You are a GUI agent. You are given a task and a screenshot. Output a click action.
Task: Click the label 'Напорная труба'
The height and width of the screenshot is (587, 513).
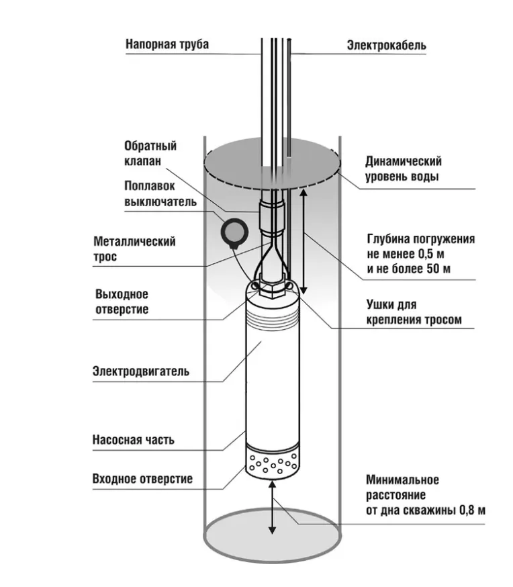pyautogui.click(x=167, y=44)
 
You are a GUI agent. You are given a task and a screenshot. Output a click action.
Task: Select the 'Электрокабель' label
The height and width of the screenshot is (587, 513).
pyautogui.click(x=385, y=46)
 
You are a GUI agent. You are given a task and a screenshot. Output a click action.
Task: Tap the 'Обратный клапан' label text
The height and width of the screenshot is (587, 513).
pyautogui.click(x=150, y=154)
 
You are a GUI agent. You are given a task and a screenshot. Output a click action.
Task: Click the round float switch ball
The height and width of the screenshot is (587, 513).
pyautogui.click(x=236, y=232)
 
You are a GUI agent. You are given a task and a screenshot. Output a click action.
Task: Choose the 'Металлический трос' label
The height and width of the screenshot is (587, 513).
pyautogui.click(x=134, y=249)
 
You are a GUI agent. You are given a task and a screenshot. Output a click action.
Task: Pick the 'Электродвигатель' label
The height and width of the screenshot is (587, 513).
pyautogui.click(x=141, y=371)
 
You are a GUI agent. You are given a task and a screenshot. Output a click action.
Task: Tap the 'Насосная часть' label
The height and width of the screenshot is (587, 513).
pyautogui.click(x=133, y=440)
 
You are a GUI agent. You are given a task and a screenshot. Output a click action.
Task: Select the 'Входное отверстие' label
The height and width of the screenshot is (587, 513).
pyautogui.click(x=142, y=479)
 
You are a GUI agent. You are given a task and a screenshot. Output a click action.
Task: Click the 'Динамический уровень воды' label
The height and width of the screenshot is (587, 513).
pyautogui.click(x=403, y=169)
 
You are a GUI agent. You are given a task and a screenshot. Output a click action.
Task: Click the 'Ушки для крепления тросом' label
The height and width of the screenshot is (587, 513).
pyautogui.click(x=414, y=312)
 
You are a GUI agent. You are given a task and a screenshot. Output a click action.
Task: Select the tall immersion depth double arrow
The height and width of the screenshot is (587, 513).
pyautogui.click(x=303, y=242)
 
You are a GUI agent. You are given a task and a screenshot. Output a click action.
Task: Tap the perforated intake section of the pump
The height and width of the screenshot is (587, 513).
pyautogui.click(x=271, y=464)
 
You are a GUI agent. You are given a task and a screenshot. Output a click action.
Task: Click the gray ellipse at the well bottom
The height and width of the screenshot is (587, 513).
pyautogui.click(x=272, y=537)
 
